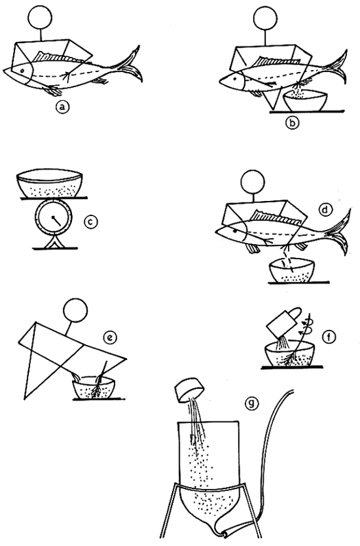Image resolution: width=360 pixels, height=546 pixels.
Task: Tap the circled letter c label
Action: coord(88,222)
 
